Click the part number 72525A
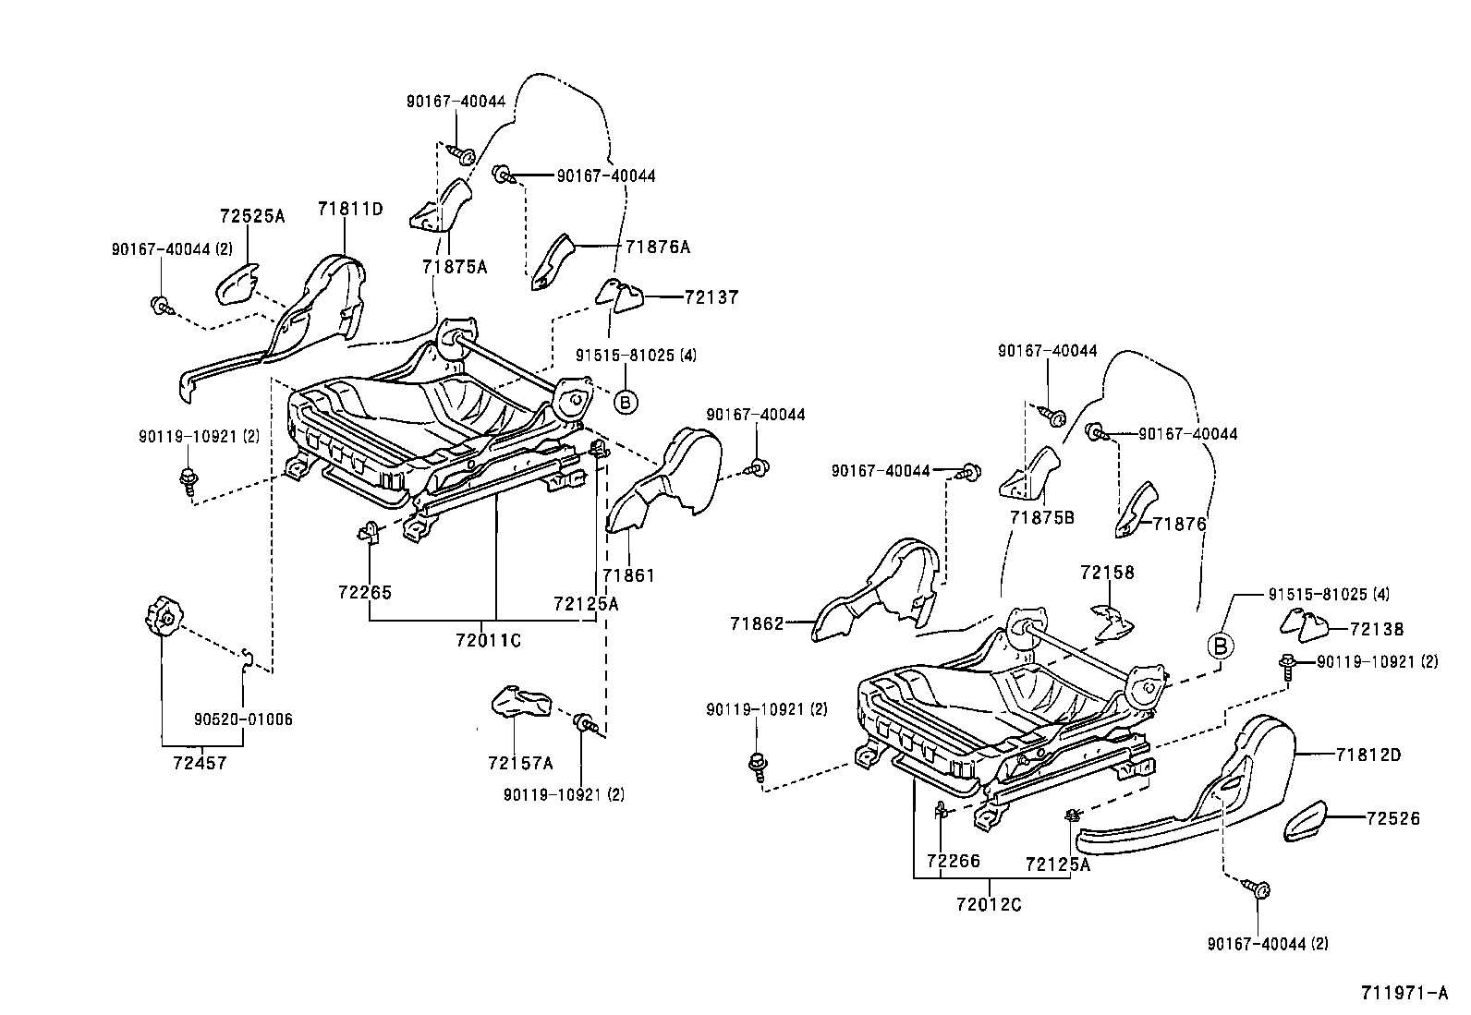[x=252, y=217]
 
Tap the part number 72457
[x=199, y=763]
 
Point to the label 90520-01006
[x=243, y=719]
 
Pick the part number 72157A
[x=520, y=763]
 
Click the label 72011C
[x=488, y=640]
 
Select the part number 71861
[x=628, y=575]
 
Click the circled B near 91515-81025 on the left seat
[x=626, y=402]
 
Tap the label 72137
[x=711, y=297]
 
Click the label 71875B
[x=1041, y=517]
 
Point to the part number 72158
[x=1106, y=573]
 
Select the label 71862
[x=757, y=623]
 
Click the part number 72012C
[x=990, y=904]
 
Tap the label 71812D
[x=1368, y=755]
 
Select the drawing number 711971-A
[x=1403, y=994]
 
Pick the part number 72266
[x=953, y=863]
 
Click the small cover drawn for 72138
[x=1304, y=626]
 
